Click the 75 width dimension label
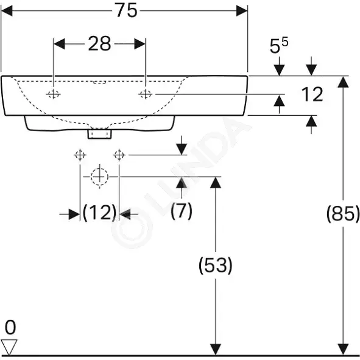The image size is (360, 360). tap(126, 10)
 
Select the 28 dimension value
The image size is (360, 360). tap(99, 44)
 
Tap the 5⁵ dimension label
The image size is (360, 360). tap(279, 45)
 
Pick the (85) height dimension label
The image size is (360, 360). tap(343, 214)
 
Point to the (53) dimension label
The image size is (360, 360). tap(216, 265)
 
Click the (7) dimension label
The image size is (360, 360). tap(182, 211)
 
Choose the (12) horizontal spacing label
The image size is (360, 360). tap(99, 213)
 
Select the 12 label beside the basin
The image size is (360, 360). tap(312, 94)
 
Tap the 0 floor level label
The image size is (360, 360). tap(10, 327)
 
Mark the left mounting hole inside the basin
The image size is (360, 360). tap(53, 94)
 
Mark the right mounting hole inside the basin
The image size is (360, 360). tap(146, 94)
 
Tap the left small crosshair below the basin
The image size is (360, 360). tap(80, 155)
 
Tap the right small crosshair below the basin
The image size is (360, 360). tap(119, 155)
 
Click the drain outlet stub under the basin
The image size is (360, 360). tap(100, 134)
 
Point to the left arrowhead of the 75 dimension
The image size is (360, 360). tap(7, 10)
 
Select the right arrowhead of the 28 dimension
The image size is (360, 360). tap(140, 44)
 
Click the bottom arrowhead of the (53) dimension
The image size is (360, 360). tap(216, 349)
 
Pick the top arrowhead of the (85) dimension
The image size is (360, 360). tap(343, 82)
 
